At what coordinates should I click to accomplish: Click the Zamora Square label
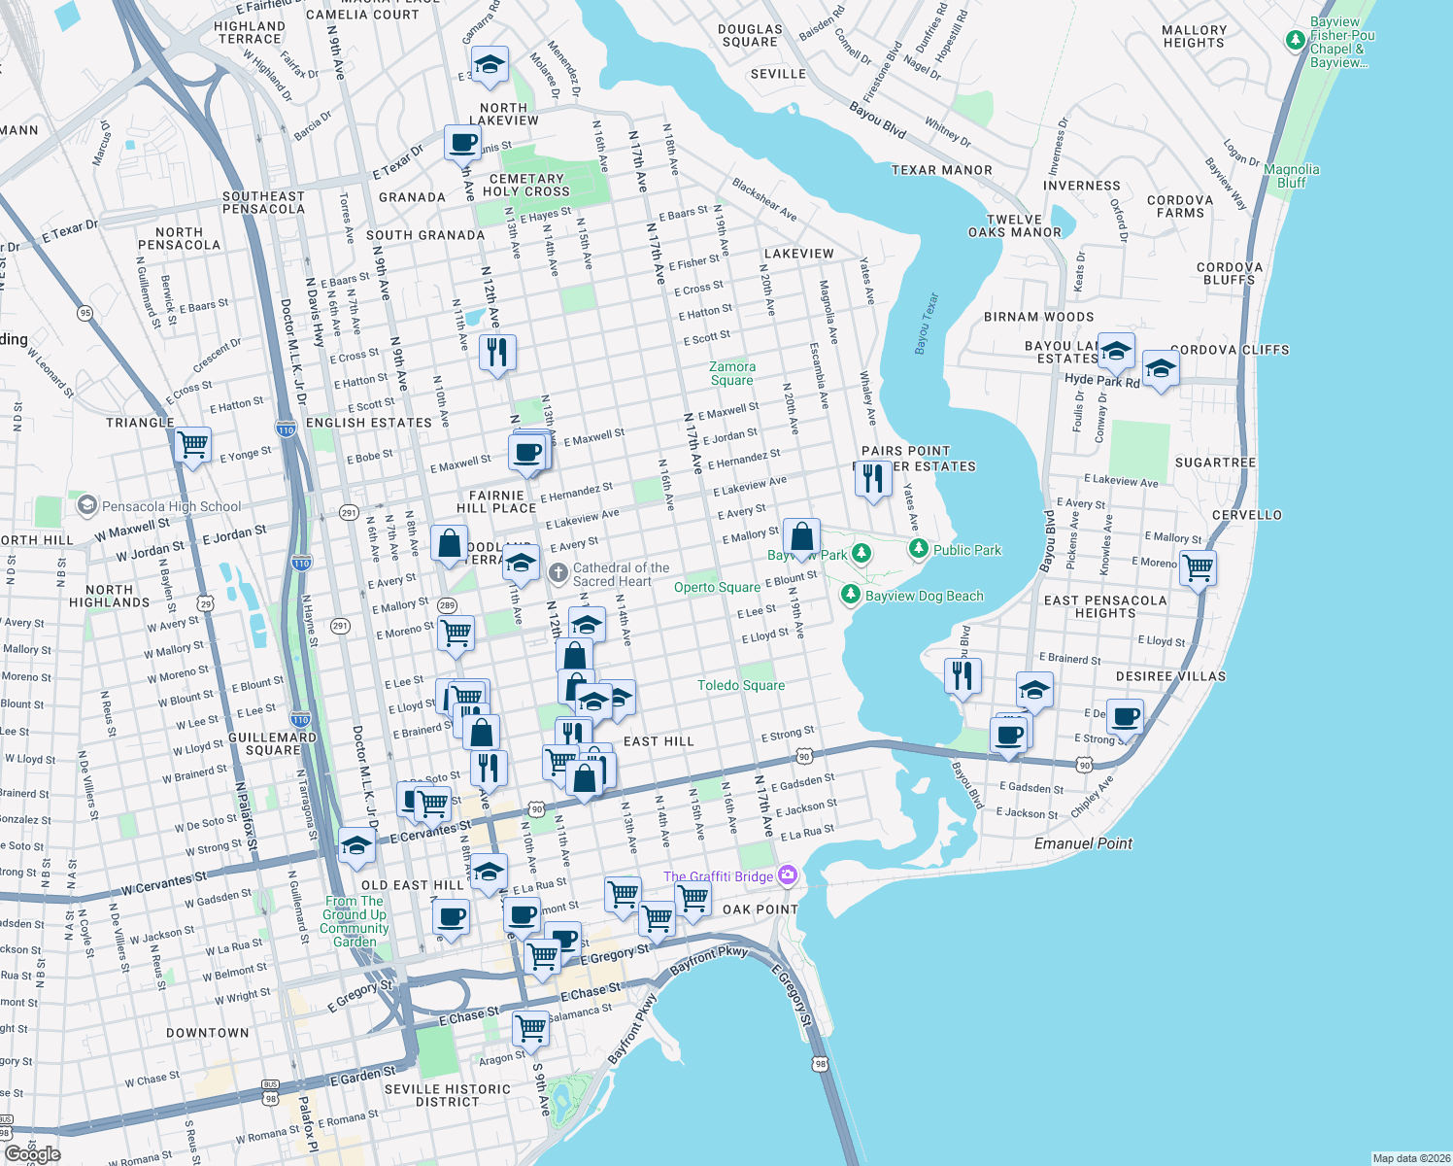(x=732, y=373)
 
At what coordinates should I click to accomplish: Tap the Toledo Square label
(x=741, y=685)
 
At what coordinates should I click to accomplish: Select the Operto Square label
(x=717, y=587)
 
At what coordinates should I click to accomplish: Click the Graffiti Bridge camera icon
(x=788, y=875)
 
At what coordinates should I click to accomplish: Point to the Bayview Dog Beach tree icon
(x=851, y=594)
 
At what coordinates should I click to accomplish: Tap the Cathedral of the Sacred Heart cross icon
(x=558, y=572)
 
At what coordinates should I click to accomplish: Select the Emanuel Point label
(x=1083, y=843)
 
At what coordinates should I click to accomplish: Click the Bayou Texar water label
(x=927, y=324)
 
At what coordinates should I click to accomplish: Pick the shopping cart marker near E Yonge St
(x=193, y=445)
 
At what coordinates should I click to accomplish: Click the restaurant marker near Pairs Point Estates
(x=874, y=478)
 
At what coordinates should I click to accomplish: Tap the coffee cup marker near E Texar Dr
(x=463, y=142)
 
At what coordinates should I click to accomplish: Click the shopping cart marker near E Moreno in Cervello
(x=1199, y=566)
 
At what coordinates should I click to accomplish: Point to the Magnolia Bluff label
(x=1292, y=176)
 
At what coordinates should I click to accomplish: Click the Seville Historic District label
(x=448, y=1095)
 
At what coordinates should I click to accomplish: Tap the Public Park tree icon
(x=919, y=549)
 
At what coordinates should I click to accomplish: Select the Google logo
(x=32, y=1154)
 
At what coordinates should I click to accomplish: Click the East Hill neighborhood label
(x=659, y=741)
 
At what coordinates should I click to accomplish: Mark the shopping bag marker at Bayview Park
(x=801, y=536)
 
